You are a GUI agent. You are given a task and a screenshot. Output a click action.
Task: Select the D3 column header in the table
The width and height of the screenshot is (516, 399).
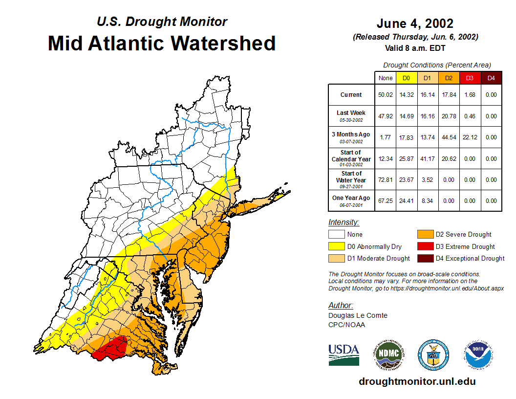pos(470,78)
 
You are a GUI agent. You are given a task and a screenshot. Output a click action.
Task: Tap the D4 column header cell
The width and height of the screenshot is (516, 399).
pos(491,78)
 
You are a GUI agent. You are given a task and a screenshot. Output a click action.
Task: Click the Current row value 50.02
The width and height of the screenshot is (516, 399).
pos(386,95)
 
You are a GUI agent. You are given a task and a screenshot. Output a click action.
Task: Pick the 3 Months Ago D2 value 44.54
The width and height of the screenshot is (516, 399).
pos(449,137)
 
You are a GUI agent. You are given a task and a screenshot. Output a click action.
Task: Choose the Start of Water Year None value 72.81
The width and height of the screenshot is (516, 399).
pos(386,179)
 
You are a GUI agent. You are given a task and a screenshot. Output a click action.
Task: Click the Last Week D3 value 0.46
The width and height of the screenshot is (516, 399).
pos(470,116)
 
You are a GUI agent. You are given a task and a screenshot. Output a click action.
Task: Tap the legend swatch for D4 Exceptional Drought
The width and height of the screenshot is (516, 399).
pos(425,258)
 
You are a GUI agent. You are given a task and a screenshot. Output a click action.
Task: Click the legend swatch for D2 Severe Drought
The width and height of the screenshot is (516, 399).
pos(425,235)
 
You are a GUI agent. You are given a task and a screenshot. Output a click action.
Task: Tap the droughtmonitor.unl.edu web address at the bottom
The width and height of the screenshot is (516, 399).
pos(417,381)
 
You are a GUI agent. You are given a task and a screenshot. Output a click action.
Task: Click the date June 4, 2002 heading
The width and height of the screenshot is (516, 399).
pos(415,23)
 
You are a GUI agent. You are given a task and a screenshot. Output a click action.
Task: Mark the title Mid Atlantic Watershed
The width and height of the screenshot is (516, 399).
pos(162,43)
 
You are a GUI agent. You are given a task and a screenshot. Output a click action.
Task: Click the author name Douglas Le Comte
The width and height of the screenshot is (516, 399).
pos(358,315)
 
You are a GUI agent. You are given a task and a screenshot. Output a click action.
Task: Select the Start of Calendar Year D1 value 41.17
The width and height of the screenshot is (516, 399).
pos(428,158)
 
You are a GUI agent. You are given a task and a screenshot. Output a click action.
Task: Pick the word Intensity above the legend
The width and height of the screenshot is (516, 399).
pos(344,222)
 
